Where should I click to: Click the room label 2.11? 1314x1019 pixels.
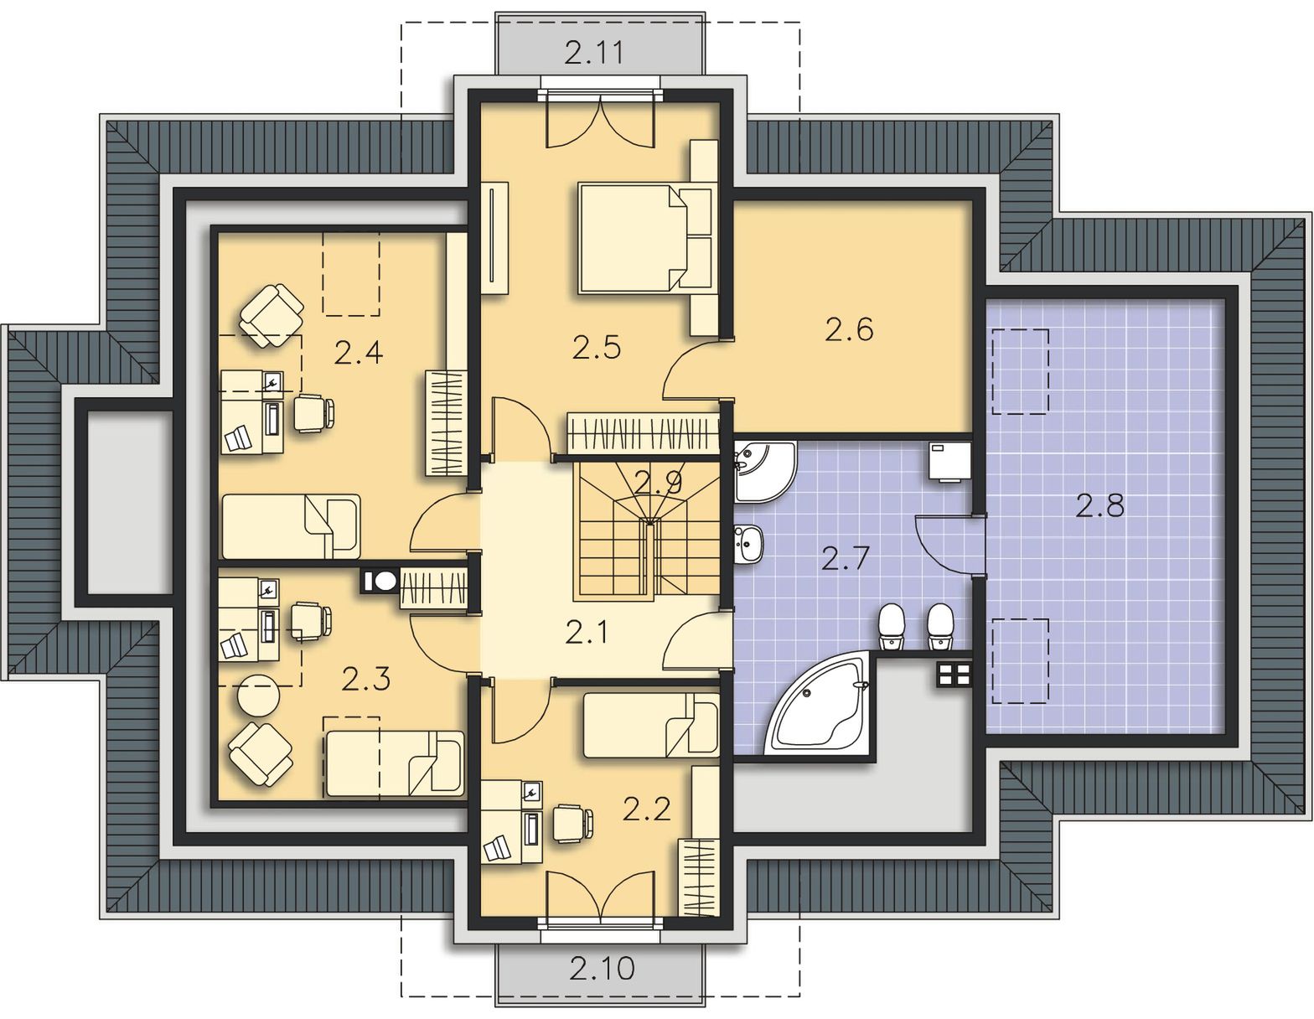pos(594,53)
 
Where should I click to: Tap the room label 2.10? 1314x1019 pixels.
pos(602,968)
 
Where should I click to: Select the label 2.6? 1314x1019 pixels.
pos(849,330)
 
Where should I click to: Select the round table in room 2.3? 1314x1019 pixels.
pos(259,696)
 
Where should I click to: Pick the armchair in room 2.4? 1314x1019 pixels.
pos(272,315)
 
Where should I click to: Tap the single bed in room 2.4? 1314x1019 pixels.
pos(292,526)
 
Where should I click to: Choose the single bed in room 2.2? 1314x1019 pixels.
pos(651,725)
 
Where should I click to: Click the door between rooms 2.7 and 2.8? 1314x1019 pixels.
pos(948,546)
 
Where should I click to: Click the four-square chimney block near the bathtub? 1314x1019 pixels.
pos(954,673)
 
